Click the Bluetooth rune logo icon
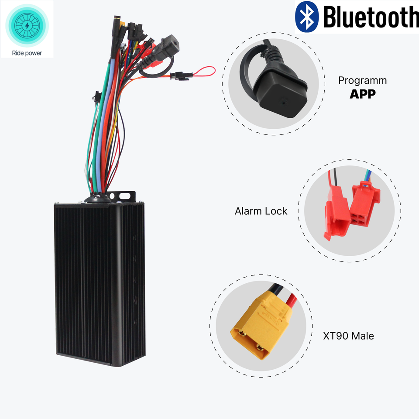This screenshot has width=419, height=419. click(x=307, y=16)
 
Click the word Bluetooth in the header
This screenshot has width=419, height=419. click(x=371, y=17)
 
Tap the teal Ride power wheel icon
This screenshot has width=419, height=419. click(x=27, y=25)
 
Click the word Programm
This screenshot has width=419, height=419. click(x=362, y=81)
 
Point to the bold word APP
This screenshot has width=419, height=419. click(x=362, y=94)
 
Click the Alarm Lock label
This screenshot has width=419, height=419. click(x=261, y=211)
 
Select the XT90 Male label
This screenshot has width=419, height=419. click(x=348, y=336)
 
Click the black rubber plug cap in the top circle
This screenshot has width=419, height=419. click(x=278, y=93)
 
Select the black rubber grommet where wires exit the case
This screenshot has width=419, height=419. click(x=96, y=199)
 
